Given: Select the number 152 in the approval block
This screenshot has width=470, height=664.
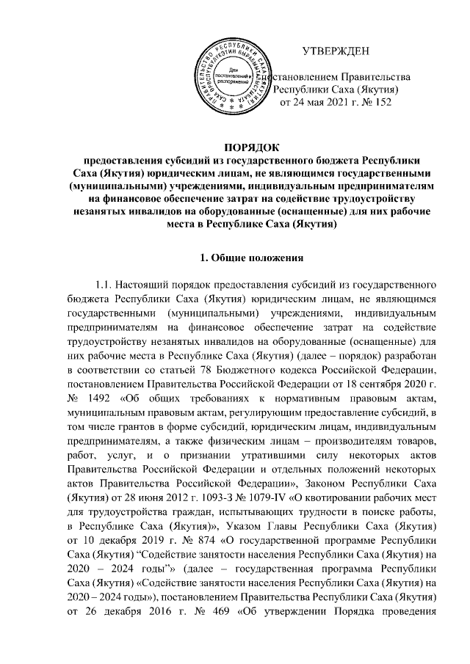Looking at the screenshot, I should pyautogui.click(x=379, y=102).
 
